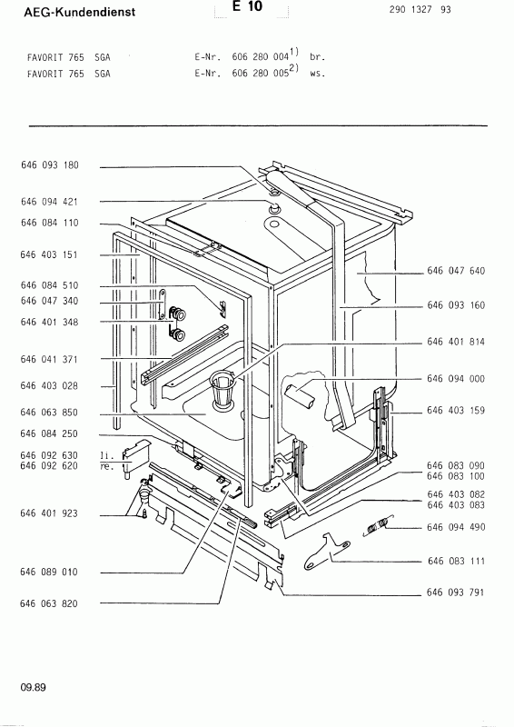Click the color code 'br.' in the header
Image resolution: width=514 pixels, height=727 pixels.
coord(316,56)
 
